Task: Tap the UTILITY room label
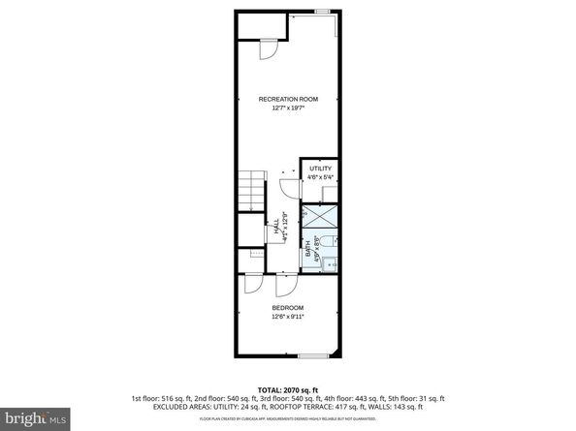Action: point(320,169)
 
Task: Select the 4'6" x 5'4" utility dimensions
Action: point(320,177)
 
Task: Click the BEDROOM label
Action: point(288,308)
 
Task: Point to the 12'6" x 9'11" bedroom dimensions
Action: point(288,317)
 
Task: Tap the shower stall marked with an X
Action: point(320,218)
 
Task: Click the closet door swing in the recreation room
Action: point(271,48)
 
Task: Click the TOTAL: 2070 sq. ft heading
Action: point(288,387)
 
